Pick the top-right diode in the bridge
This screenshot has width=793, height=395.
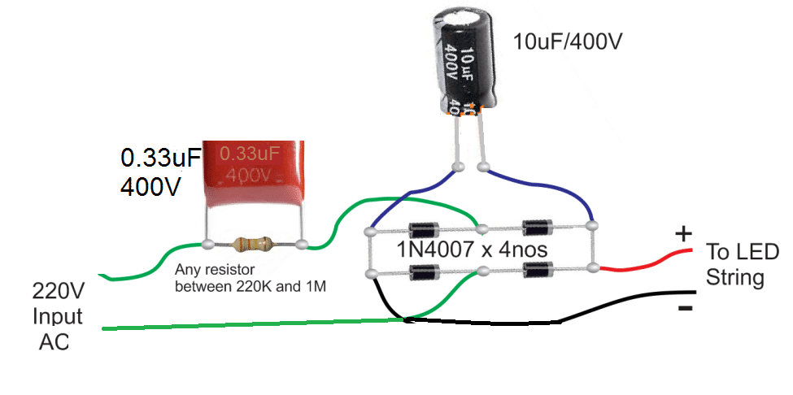[x=536, y=226]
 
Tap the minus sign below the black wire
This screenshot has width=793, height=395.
[x=685, y=308]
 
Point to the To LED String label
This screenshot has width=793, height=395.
[x=740, y=264]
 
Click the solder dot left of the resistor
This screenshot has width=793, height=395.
[x=209, y=243]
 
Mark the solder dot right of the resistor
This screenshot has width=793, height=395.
[x=302, y=243]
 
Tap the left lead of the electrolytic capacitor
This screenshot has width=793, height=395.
[x=459, y=142]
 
